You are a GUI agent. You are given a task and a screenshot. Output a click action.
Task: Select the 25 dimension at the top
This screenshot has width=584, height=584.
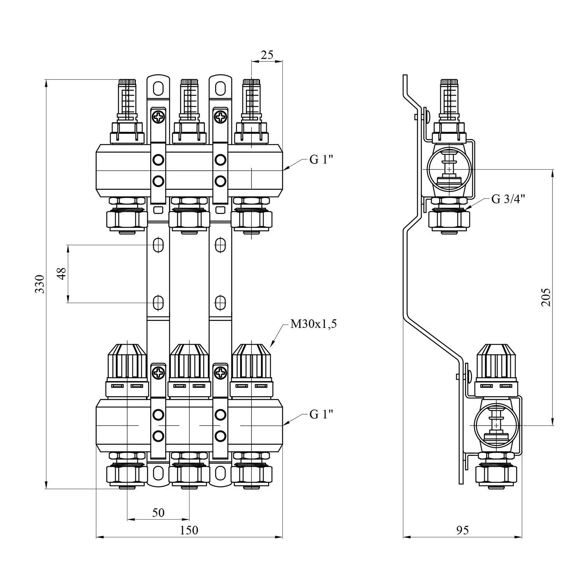pos(267,55)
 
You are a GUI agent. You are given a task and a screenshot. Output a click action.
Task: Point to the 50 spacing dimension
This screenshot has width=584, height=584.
pos(158,513)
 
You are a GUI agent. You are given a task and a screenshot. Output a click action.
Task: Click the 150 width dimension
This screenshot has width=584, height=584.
pos(189,530)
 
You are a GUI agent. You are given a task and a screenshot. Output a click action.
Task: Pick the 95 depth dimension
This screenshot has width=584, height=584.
pos(462,530)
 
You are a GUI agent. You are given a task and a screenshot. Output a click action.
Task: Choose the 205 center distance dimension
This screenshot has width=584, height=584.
pos(547,297)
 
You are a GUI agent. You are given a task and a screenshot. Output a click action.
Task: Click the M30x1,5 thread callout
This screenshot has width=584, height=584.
pos(313,324)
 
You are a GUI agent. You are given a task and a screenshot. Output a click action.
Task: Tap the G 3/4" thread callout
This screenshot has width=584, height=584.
pos(508,199)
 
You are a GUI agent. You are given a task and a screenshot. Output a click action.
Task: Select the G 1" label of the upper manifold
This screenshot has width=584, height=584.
pos(322,160)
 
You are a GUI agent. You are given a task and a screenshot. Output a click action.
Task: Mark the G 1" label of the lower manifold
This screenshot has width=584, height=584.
pos(322,415)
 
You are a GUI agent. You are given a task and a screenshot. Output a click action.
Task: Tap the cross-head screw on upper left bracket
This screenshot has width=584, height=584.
pos(158,116)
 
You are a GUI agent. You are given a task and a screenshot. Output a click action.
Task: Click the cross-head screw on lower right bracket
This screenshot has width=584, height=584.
pos(220,373)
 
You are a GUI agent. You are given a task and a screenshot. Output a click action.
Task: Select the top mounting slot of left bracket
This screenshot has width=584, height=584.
pos(158,88)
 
